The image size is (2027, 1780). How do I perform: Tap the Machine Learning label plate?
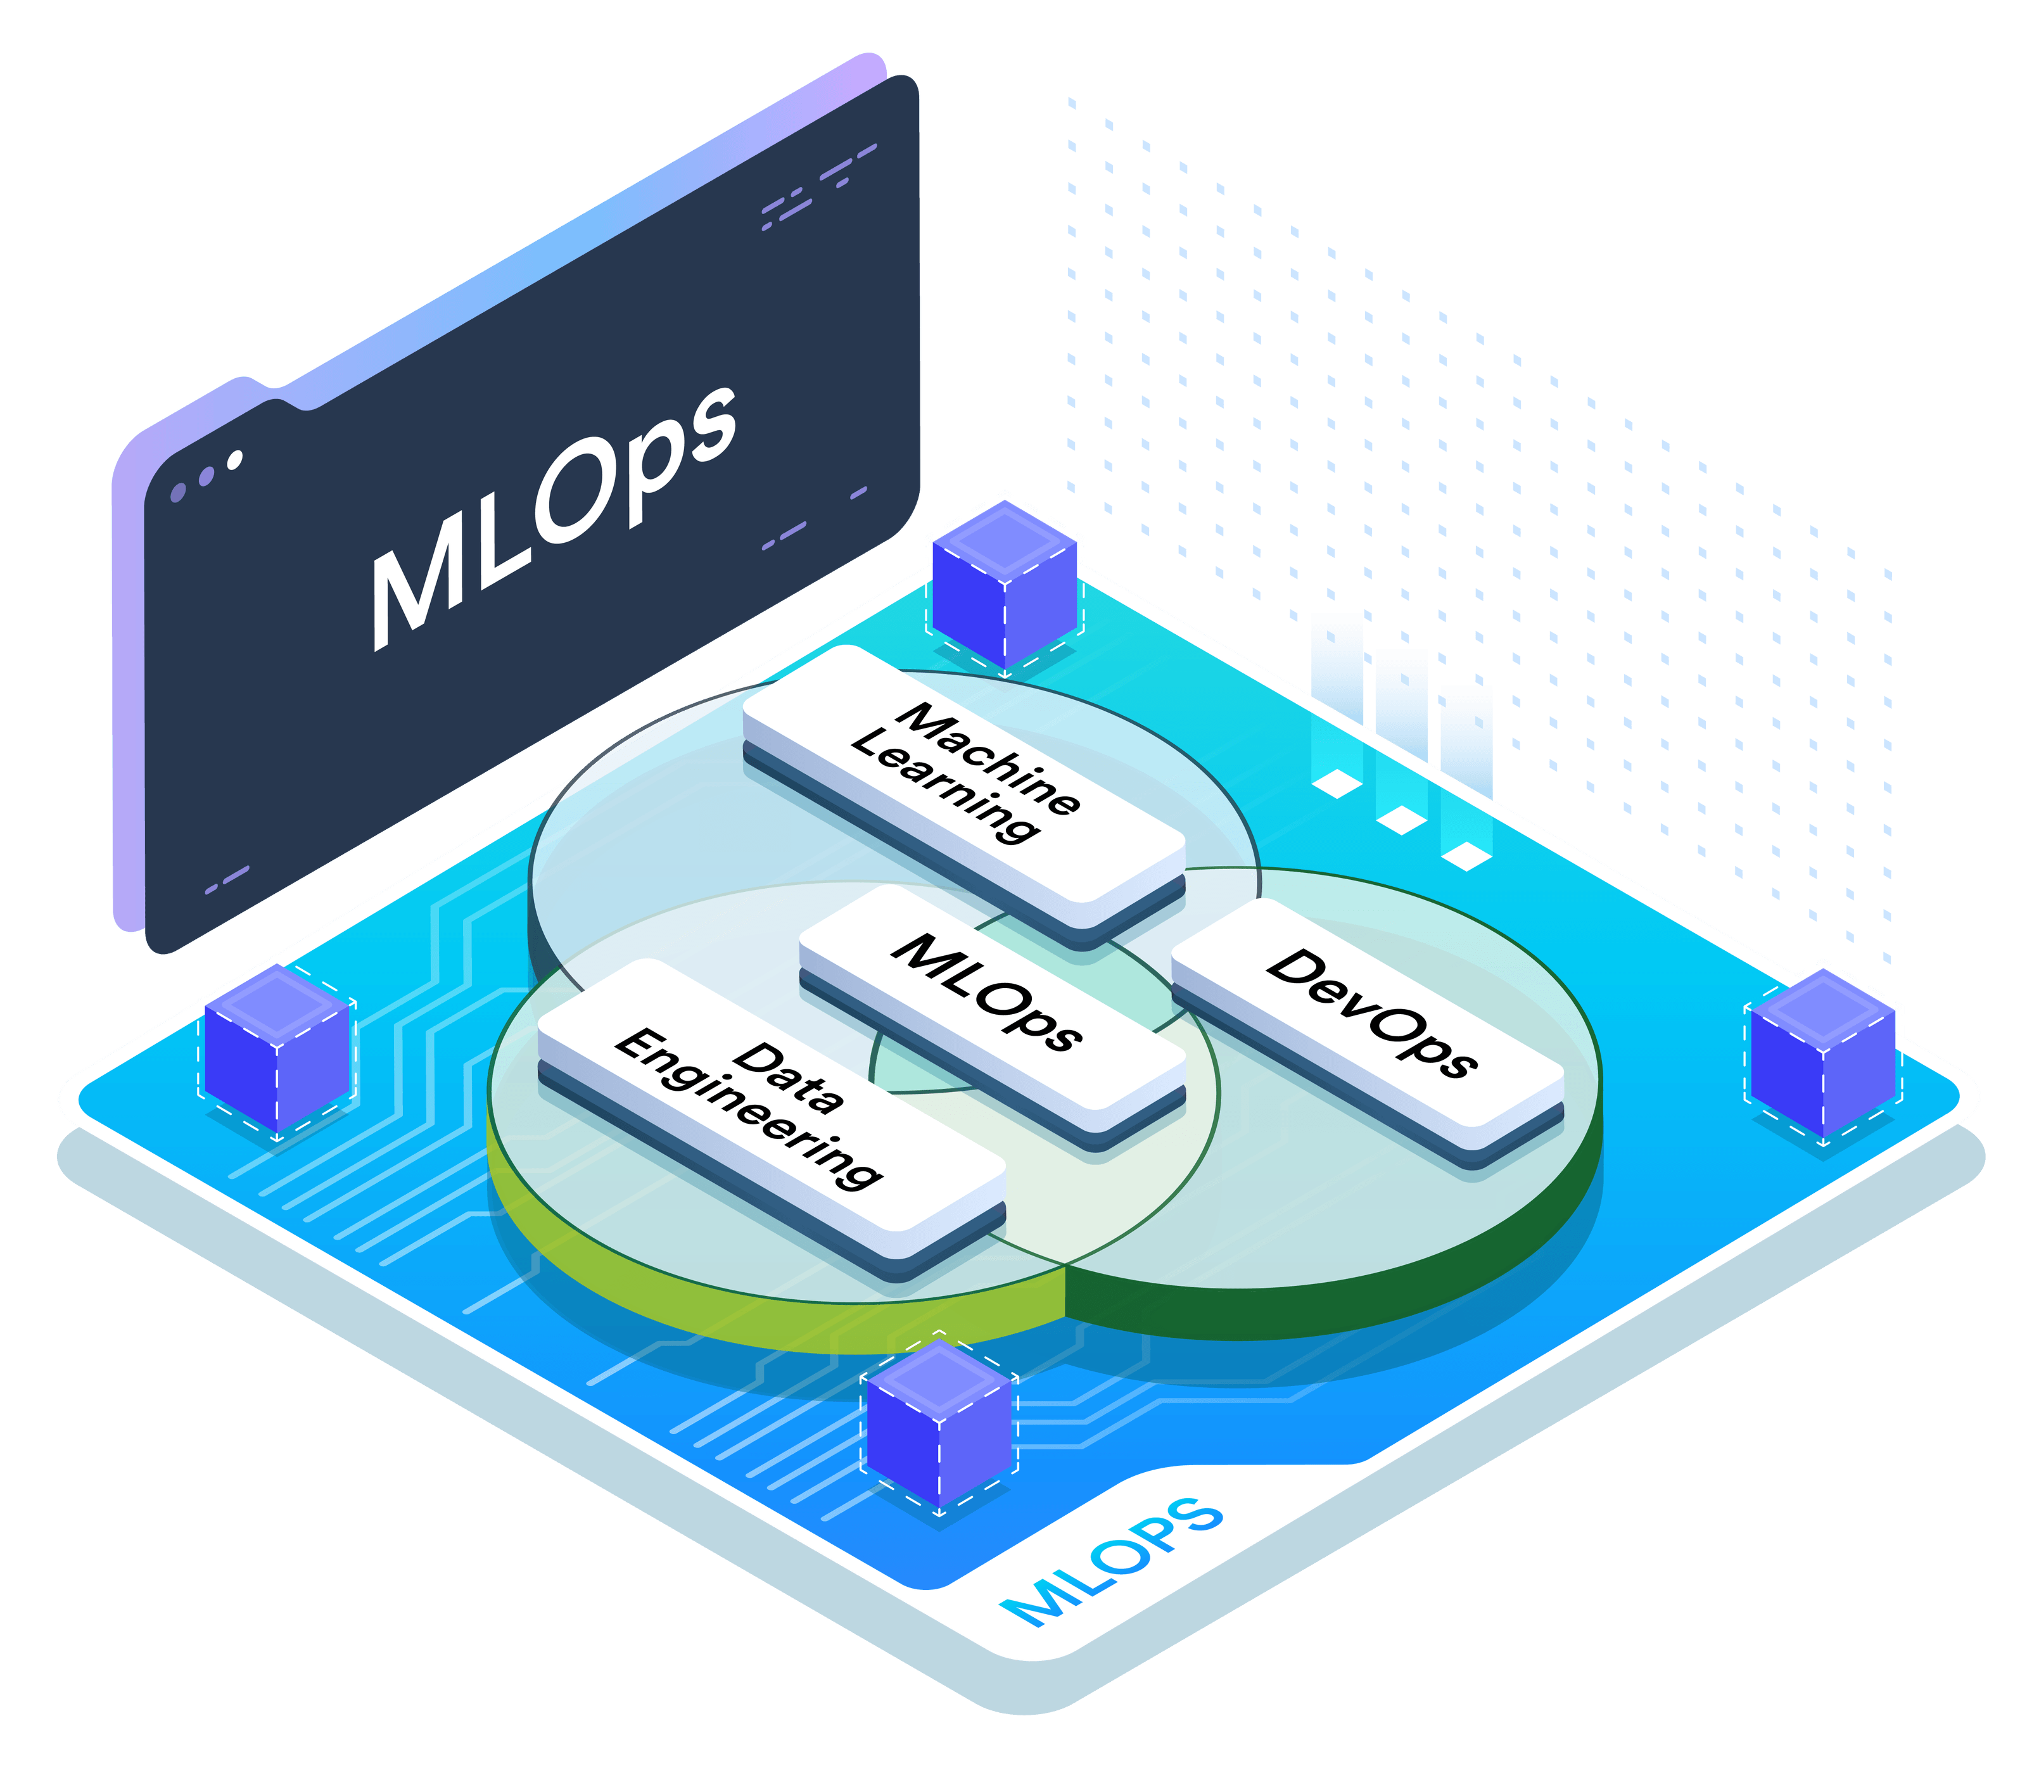(962, 784)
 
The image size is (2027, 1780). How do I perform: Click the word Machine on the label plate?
(987, 759)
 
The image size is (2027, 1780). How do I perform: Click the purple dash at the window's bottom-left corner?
(227, 880)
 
